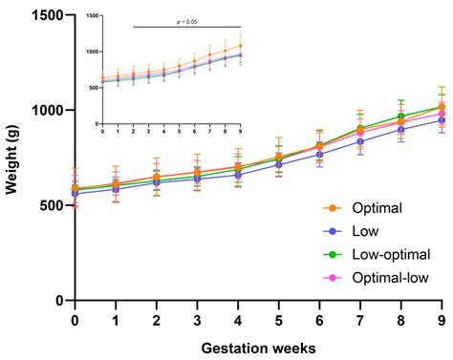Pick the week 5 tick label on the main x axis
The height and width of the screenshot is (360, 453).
pos(278,320)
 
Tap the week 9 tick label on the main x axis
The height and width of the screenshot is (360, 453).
pos(442,320)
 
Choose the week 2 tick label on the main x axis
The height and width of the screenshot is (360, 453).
pos(156,320)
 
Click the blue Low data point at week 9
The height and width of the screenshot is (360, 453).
pos(442,120)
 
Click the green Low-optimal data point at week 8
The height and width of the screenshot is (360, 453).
pos(401,116)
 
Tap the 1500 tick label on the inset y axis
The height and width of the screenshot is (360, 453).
pos(92,15)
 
